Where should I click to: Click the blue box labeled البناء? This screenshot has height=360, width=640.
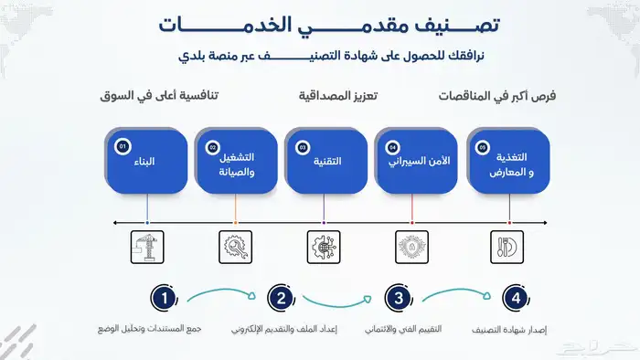[147, 162]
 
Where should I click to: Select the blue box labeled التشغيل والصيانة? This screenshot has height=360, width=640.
[236, 162]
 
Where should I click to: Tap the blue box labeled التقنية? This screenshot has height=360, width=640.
[325, 162]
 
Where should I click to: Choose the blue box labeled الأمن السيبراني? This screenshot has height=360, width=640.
[413, 162]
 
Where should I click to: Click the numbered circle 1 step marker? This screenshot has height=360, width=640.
[164, 298]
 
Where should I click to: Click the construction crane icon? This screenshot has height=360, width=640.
[147, 246]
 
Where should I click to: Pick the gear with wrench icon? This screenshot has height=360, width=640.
[236, 246]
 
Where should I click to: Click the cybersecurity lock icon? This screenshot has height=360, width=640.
[412, 246]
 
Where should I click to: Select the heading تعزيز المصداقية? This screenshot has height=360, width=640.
[339, 95]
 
